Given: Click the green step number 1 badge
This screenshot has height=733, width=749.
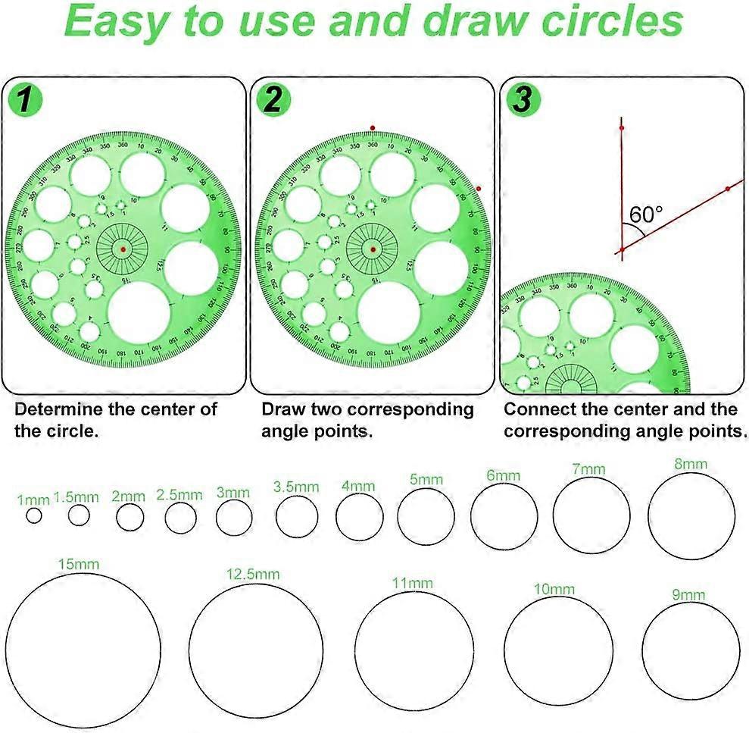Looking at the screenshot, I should tap(25, 102).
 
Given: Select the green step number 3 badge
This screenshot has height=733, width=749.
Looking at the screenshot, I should tap(522, 102).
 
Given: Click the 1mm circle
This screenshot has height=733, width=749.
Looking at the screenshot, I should tap(33, 515).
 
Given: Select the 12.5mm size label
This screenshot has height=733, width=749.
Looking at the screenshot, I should tap(252, 574).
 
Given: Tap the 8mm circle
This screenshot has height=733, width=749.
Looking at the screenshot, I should tap(691, 515).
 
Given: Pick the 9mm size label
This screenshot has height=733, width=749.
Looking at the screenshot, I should tap(688, 594).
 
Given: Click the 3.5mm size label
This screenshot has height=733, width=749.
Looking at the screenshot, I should tap(296, 487).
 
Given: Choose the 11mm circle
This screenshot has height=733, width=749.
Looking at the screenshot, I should tap(414, 650).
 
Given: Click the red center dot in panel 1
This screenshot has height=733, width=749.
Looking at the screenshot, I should tap(123, 249).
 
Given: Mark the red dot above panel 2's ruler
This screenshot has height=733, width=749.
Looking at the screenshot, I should tap(372, 128).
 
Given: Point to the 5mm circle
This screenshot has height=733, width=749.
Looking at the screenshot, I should tap(426, 517).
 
